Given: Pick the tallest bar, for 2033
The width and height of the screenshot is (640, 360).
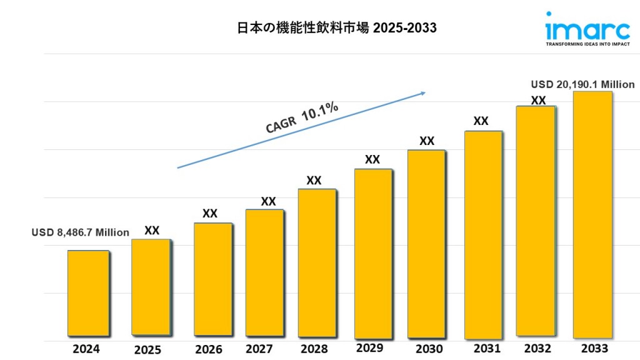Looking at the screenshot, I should tap(592, 213).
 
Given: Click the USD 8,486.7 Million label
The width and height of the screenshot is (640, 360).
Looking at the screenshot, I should tap(81, 232).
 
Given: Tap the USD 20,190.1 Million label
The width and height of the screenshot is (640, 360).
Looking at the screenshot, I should tap(583, 84).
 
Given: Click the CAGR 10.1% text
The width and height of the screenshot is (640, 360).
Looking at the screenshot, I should tap(302, 117).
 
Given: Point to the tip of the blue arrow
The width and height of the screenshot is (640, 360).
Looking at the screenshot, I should tap(425, 93).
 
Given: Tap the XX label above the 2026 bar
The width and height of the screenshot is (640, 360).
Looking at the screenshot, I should tap(210, 214).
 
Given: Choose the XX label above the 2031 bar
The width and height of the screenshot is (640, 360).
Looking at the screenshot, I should tap(481, 121).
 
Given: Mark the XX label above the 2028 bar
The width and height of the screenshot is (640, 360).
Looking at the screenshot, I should tap(314, 181).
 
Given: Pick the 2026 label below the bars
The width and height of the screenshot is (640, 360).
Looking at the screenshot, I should tap(208, 349).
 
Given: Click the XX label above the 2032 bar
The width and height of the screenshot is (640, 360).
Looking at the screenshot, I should tap(538, 101).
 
